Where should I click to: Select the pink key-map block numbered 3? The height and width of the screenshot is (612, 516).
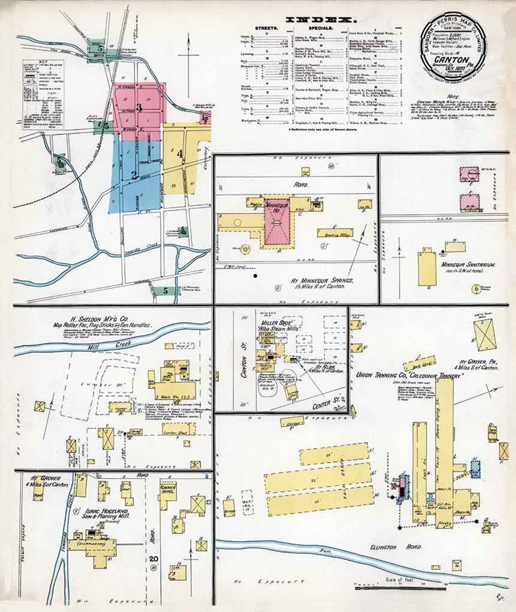(139, 108)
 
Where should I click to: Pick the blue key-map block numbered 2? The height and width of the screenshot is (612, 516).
(135, 174)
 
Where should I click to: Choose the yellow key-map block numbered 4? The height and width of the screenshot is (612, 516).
(180, 154)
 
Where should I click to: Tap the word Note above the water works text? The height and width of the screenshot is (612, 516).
(454, 96)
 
